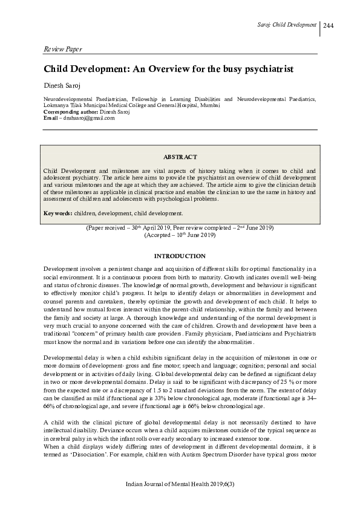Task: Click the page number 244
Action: click(x=329, y=25)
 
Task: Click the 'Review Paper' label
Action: click(x=64, y=48)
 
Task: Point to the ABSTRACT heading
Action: click(x=180, y=156)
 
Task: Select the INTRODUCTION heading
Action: click(x=180, y=256)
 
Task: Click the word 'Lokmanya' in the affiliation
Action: click(x=57, y=105)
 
